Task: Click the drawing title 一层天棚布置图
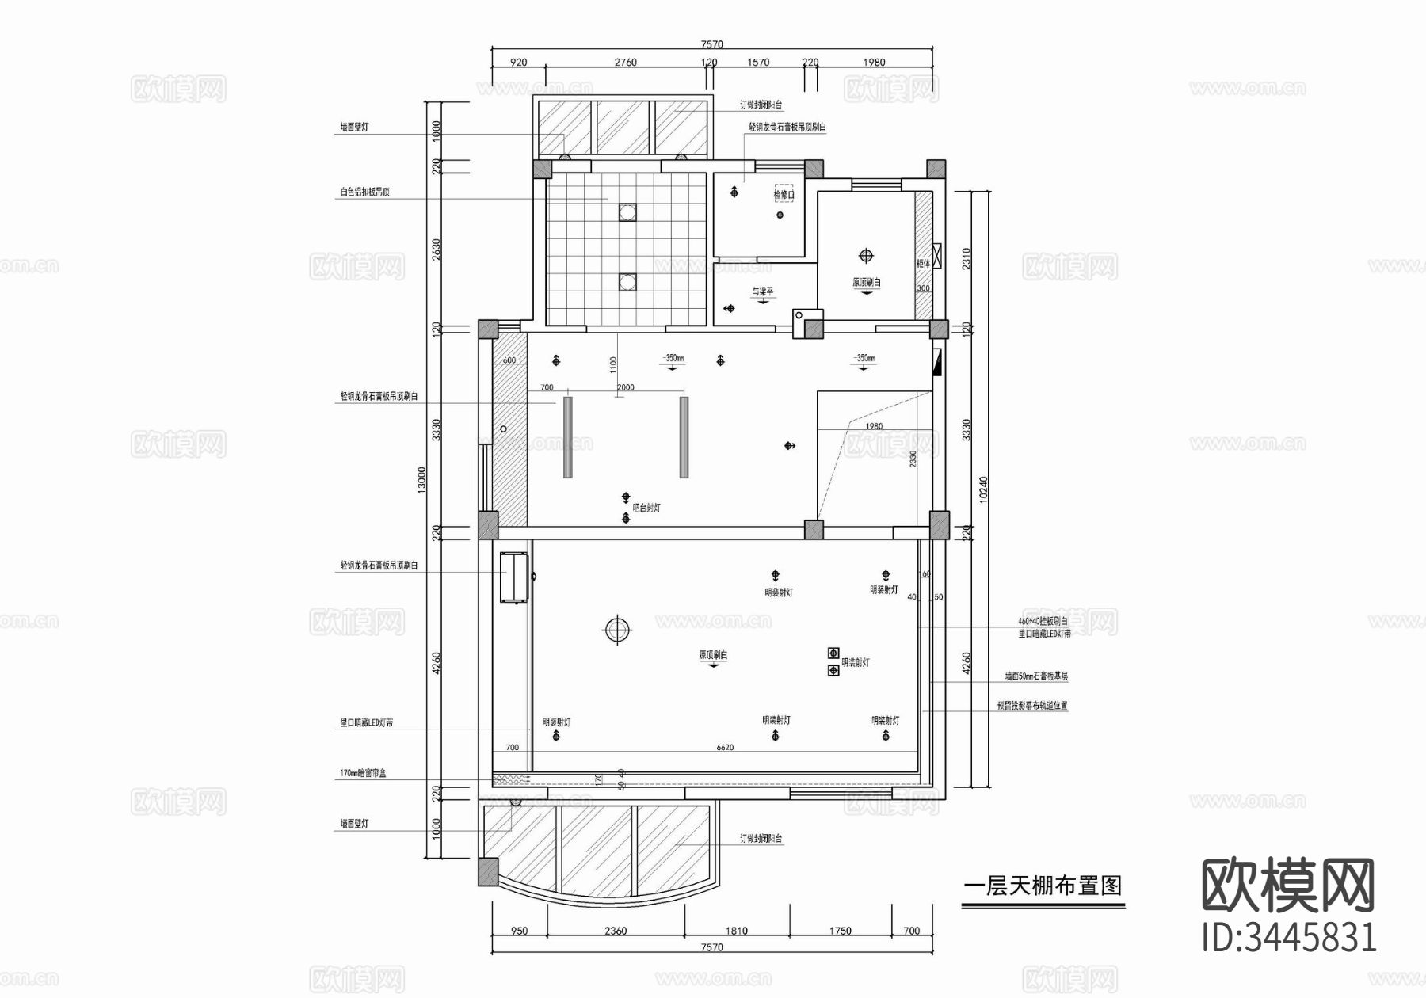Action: click(x=1043, y=885)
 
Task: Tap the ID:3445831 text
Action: click(x=1289, y=937)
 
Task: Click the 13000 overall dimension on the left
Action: click(x=422, y=480)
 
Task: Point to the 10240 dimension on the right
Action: click(x=983, y=489)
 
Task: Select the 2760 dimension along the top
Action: click(x=625, y=62)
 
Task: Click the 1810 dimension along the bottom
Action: click(x=736, y=931)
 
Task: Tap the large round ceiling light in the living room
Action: click(x=617, y=630)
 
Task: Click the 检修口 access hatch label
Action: click(x=783, y=194)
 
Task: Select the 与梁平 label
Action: click(x=763, y=291)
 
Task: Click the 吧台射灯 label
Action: click(x=646, y=508)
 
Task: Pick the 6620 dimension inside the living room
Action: click(x=725, y=747)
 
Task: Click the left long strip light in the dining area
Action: click(x=567, y=437)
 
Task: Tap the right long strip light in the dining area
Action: click(x=684, y=437)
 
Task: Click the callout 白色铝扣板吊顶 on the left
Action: click(x=364, y=192)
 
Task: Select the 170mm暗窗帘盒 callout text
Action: click(x=363, y=772)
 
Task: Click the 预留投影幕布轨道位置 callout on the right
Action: click(x=1032, y=705)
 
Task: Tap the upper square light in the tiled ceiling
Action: click(x=627, y=211)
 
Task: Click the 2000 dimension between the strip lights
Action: click(x=626, y=387)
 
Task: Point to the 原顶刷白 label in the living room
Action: click(x=713, y=655)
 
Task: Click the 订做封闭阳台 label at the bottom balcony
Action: click(x=761, y=838)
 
